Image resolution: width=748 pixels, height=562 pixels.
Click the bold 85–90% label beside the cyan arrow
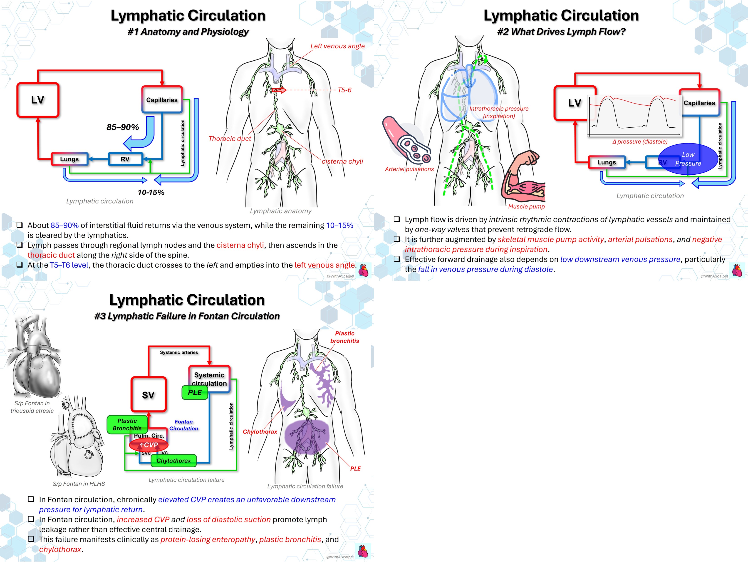123,127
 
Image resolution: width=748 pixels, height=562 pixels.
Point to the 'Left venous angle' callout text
337,46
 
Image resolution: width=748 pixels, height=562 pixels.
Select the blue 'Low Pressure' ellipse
688,159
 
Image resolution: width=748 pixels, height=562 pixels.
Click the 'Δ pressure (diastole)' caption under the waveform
640,142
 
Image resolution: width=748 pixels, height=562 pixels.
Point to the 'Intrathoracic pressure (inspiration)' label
499,112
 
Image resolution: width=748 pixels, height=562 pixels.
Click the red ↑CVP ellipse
149,445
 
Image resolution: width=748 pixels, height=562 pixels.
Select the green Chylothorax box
173,460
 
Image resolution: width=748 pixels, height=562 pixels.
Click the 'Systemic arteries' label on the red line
179,352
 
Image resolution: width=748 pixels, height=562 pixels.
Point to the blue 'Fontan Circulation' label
184,425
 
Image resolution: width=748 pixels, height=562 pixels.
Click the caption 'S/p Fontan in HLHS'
79,484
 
